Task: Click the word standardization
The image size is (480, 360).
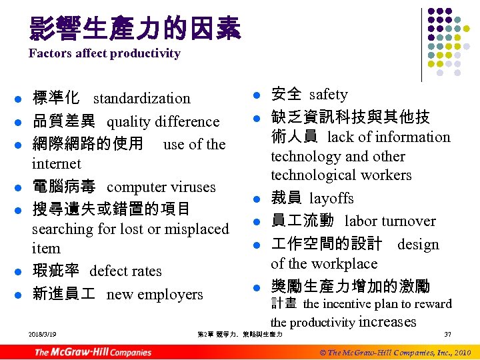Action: point(141,99)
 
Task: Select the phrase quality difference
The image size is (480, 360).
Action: point(163,122)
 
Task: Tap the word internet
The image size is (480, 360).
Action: point(56,164)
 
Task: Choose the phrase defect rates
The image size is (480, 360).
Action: point(125,271)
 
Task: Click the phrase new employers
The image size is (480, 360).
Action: point(154,295)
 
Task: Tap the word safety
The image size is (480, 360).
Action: point(328,95)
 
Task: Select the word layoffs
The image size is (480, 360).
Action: point(331,199)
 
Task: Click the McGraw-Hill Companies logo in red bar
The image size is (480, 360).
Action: point(93,352)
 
